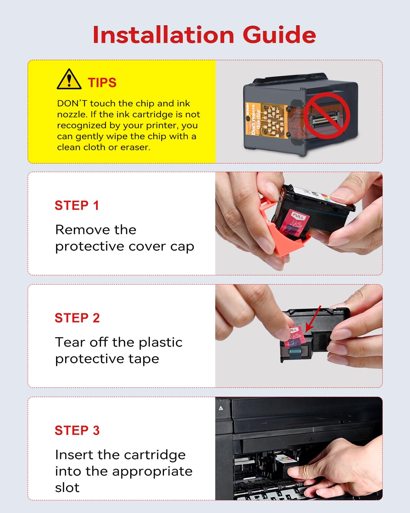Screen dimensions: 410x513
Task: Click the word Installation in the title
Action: pos(163,35)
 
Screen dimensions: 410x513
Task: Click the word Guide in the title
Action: pos(279,35)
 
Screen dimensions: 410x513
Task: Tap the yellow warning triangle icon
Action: pos(69,79)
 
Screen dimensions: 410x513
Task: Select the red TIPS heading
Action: pos(102,83)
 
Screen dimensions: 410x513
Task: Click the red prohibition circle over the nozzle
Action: pos(327,116)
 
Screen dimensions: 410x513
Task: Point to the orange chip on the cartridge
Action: pos(267,118)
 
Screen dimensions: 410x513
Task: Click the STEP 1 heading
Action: pos(77,206)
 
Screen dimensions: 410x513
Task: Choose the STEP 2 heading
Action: pos(77,318)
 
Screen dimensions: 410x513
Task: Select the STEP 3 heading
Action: pos(77,431)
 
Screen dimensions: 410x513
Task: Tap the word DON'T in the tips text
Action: pos(72,104)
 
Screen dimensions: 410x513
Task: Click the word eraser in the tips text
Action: pos(135,147)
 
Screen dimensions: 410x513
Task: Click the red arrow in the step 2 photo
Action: pos(313,319)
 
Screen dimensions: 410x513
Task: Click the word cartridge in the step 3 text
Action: pos(155,455)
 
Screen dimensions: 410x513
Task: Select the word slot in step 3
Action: pos(67,488)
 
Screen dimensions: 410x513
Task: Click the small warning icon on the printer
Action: pos(221,408)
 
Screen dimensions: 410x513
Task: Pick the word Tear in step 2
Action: pos(70,342)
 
